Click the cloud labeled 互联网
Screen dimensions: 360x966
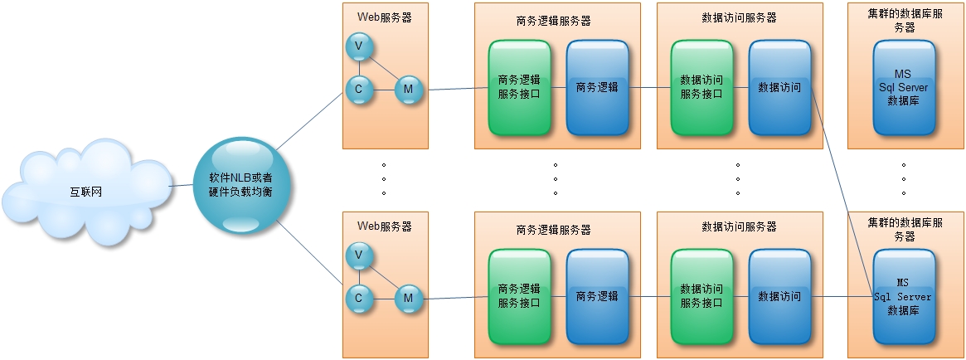click(x=85, y=192)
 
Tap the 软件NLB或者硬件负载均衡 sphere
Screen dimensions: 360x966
click(x=235, y=185)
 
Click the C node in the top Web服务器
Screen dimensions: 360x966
click(x=358, y=89)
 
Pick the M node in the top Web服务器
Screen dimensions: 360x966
click(x=408, y=89)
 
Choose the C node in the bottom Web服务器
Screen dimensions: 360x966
click(x=358, y=297)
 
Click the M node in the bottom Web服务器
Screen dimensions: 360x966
click(x=408, y=297)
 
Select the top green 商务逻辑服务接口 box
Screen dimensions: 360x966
click(x=519, y=87)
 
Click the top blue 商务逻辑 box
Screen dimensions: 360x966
click(x=597, y=87)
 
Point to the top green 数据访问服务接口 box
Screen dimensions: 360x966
click(x=701, y=87)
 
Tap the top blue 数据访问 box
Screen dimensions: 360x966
click(x=779, y=87)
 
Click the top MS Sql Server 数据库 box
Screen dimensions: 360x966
click(x=904, y=87)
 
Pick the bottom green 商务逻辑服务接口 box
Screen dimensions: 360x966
click(x=519, y=296)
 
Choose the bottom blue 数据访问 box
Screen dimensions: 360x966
click(x=779, y=296)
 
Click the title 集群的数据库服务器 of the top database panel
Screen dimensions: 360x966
click(x=904, y=21)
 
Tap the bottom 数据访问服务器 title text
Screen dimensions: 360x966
click(x=740, y=226)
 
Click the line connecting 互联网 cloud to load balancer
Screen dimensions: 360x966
click(x=181, y=186)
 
